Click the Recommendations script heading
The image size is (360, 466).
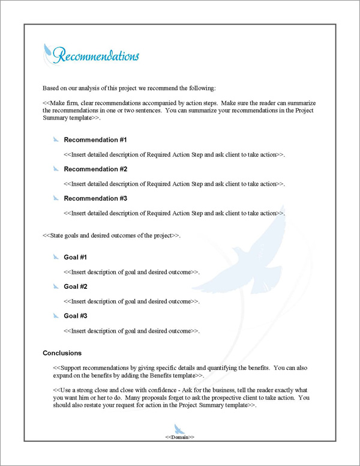pyautogui.click(x=95, y=56)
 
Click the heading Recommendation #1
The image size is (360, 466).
pyautogui.click(x=95, y=140)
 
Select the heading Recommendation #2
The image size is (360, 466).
pyautogui.click(x=95, y=169)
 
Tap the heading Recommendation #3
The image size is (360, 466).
pyautogui.click(x=95, y=198)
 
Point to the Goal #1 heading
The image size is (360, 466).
pyautogui.click(x=76, y=258)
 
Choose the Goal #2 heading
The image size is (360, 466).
pyautogui.click(x=76, y=286)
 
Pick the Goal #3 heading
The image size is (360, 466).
pyautogui.click(x=76, y=316)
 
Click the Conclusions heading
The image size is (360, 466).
pyautogui.click(x=62, y=353)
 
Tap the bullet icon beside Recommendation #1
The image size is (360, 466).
pyautogui.click(x=56, y=140)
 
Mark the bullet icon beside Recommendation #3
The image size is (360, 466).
pyautogui.click(x=56, y=198)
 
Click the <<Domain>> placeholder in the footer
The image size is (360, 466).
pyautogui.click(x=179, y=437)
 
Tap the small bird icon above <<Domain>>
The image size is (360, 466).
pyautogui.click(x=179, y=428)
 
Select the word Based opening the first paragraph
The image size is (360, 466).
pyautogui.click(x=52, y=88)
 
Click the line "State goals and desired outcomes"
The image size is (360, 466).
pyautogui.click(x=112, y=235)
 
